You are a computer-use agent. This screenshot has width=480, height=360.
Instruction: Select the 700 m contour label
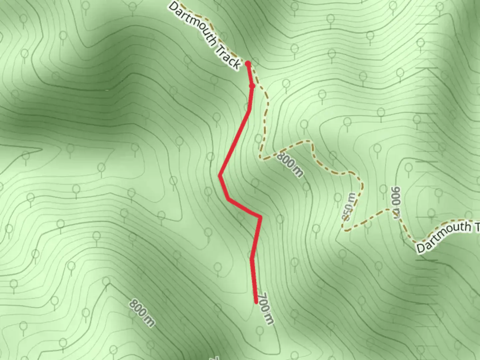point(266,308)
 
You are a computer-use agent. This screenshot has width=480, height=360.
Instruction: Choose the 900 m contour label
point(397,202)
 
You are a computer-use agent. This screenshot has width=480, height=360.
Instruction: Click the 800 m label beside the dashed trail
point(290,164)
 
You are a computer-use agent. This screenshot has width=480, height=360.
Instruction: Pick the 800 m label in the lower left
point(142,313)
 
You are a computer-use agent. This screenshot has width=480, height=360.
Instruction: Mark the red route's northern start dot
point(248,63)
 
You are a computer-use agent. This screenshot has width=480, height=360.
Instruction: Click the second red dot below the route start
point(252,86)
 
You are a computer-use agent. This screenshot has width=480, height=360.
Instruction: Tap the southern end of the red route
point(256,302)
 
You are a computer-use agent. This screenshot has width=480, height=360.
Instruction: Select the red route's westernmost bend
point(220,175)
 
